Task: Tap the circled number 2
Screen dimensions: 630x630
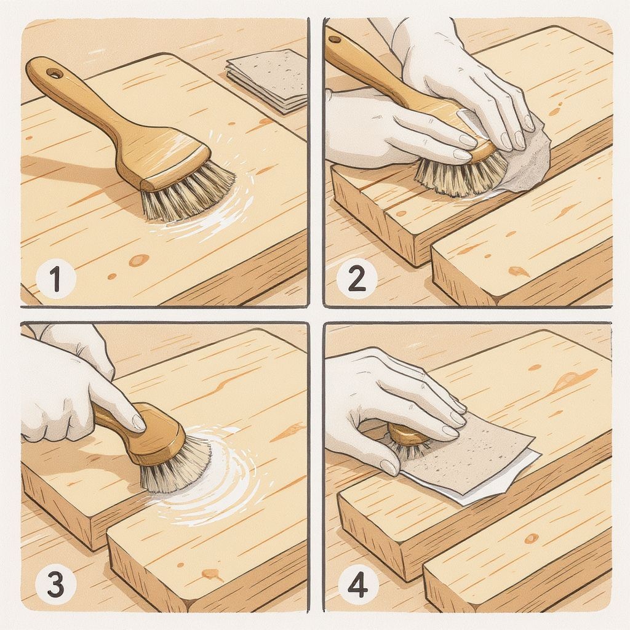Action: pos(357,279)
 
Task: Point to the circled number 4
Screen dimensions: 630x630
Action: pos(357,585)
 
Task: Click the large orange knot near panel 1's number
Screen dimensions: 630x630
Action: pos(138,260)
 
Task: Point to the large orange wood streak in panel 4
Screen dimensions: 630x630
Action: pos(573,379)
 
